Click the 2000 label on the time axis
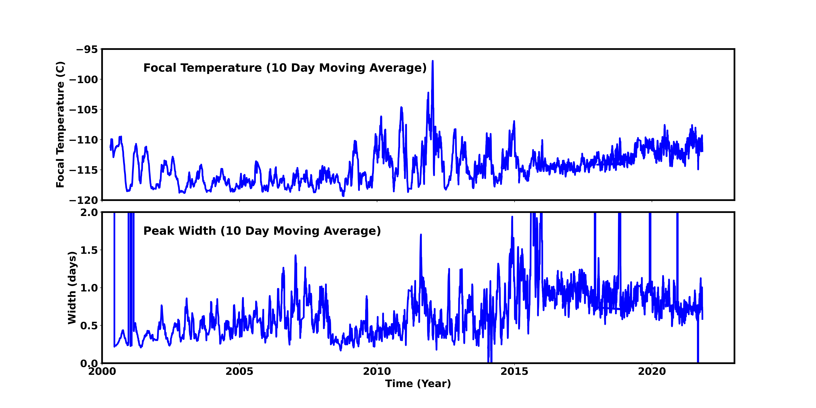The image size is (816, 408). tap(102, 371)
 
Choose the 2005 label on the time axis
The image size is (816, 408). tap(239, 371)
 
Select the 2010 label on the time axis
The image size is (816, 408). tap(377, 371)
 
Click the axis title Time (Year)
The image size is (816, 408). tap(418, 384)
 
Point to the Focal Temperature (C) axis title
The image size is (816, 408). tap(60, 124)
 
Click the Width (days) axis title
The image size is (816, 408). tap(72, 288)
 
